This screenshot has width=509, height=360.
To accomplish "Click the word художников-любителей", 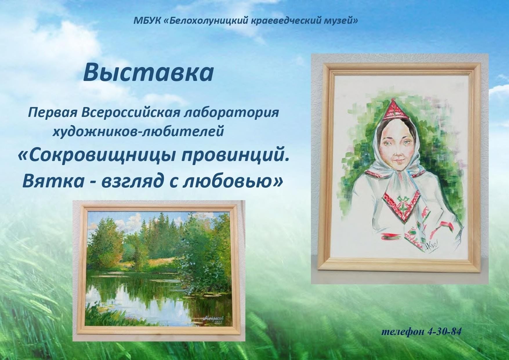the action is (x=138, y=132).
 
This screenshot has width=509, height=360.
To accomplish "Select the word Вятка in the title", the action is (x=48, y=181).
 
